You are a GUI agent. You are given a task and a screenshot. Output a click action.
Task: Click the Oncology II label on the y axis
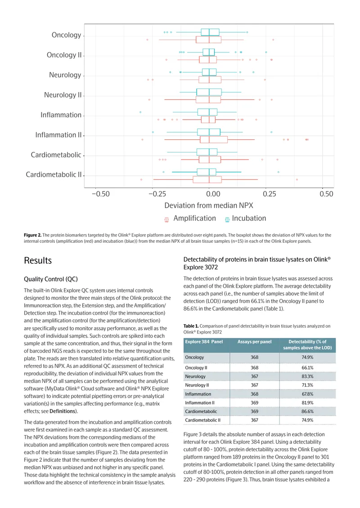(64, 55)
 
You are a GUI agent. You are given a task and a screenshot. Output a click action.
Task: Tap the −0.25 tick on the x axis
(157, 194)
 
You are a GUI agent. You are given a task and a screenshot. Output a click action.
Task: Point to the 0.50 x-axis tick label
(326, 194)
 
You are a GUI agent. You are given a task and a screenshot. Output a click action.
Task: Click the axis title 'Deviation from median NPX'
(208, 205)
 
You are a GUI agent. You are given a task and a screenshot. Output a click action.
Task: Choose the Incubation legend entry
(246, 218)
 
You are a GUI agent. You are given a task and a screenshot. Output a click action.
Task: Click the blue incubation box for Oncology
(210, 32)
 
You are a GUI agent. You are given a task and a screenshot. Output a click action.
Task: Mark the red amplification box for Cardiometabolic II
(207, 179)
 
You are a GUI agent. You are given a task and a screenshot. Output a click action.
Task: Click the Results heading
(38, 260)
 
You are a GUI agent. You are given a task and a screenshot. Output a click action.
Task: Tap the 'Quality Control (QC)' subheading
(51, 279)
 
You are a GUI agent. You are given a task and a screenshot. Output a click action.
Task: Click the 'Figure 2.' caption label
(32, 235)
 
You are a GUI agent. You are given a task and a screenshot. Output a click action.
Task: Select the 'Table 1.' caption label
(191, 326)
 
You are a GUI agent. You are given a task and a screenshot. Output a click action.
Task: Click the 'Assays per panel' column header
(255, 342)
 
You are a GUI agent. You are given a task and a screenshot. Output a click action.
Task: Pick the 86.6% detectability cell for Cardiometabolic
(307, 411)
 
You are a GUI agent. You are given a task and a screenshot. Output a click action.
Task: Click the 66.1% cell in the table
(307, 368)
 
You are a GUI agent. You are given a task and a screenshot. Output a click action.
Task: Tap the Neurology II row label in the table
(197, 385)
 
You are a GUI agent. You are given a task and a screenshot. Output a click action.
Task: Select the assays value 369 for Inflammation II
(255, 403)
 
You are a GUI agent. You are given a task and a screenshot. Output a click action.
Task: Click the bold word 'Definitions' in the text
(63, 411)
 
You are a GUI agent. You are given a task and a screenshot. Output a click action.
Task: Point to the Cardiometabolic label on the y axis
(56, 155)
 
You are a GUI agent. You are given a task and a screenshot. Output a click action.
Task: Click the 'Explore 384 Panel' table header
(204, 342)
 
